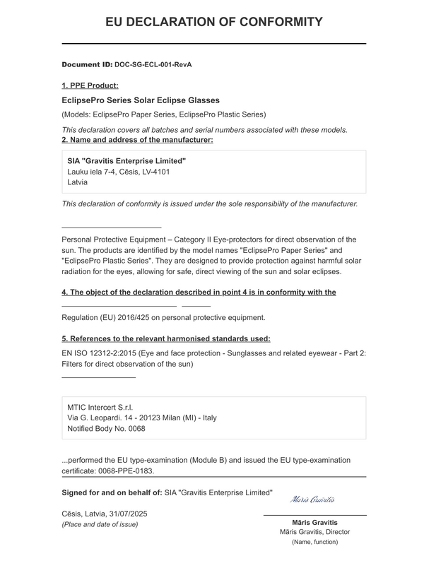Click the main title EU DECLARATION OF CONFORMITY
214,22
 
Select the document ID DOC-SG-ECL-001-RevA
153,64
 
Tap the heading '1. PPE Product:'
90,85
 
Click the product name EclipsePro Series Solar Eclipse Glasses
141,100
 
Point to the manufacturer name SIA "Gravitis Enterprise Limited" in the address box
126,160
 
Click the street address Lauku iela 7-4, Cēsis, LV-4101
118,171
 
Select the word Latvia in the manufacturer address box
77,182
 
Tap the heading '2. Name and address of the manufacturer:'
137,139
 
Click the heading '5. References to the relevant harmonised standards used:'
166,338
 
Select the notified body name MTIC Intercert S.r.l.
100,407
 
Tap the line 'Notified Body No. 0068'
106,428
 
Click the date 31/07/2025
128,513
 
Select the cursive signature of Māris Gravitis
312,499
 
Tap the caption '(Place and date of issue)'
100,524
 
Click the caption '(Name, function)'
314,542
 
